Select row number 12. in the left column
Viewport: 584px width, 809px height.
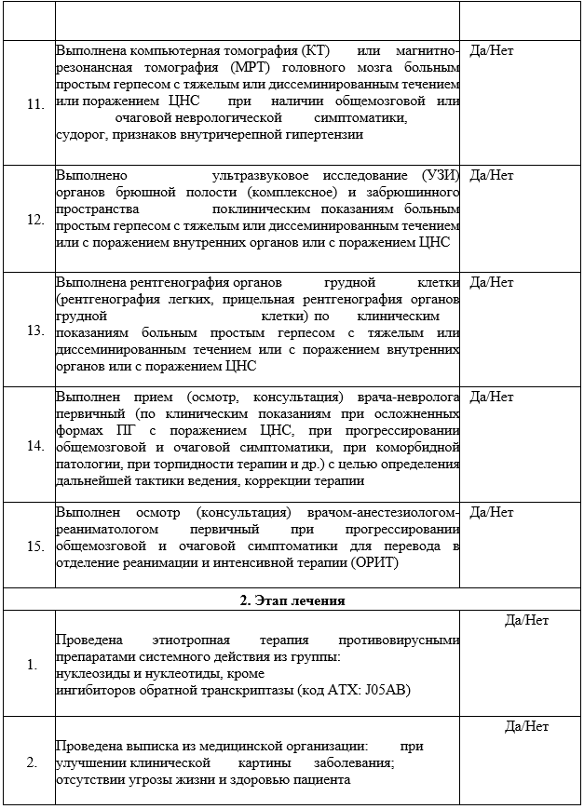(35, 220)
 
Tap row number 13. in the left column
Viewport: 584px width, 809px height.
(35, 330)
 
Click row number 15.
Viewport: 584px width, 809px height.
(35, 546)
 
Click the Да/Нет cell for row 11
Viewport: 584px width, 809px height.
(492, 50)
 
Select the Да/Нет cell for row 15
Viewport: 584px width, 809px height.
(492, 512)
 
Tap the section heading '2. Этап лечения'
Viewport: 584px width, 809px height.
(291, 600)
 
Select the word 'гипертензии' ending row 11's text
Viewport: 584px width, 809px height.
(315, 135)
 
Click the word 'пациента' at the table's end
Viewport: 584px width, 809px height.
(322, 780)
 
